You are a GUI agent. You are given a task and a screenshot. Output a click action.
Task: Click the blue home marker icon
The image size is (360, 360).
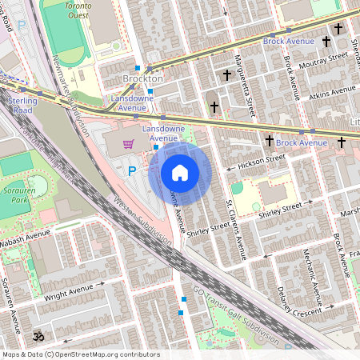pyautogui.click(x=180, y=173)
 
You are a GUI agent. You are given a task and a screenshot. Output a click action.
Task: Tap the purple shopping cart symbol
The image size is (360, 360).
pyautogui.click(x=128, y=144)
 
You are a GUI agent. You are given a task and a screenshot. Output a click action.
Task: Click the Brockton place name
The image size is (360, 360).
pyautogui.click(x=143, y=79)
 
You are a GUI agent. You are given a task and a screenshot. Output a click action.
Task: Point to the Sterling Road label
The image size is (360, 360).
pyautogui.click(x=23, y=106)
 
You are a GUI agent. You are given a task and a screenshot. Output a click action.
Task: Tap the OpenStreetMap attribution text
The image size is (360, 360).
pyautogui.click(x=81, y=354)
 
